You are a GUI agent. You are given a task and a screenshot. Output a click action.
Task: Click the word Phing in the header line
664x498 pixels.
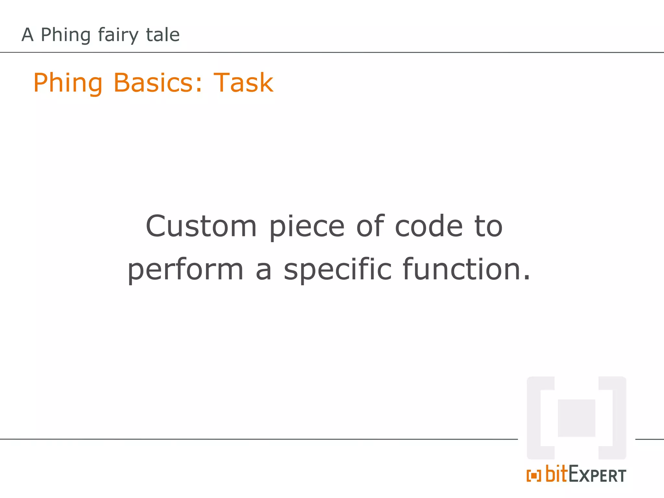click(x=65, y=35)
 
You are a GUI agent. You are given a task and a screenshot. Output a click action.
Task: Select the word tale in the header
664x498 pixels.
click(x=163, y=35)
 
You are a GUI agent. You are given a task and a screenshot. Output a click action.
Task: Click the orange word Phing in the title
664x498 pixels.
click(x=68, y=83)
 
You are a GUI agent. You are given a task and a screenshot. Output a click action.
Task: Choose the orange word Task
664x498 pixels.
click(x=243, y=83)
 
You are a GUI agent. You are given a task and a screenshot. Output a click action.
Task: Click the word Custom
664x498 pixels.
click(x=201, y=226)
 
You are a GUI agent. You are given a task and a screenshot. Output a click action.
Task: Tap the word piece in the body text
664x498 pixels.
click(x=307, y=226)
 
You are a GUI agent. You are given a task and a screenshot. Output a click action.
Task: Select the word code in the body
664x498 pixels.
click(x=429, y=226)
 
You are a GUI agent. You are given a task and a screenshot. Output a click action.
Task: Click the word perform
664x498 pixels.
click(x=185, y=270)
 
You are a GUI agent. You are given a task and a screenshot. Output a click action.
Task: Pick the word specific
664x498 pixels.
click(x=338, y=270)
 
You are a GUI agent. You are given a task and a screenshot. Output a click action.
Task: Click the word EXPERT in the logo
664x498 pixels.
click(x=597, y=475)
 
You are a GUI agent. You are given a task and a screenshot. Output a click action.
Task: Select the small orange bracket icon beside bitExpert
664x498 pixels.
click(x=534, y=476)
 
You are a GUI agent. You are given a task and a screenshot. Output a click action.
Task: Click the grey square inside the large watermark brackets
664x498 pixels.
click(x=576, y=418)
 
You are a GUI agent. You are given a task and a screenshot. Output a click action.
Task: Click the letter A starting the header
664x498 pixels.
click(x=28, y=35)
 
